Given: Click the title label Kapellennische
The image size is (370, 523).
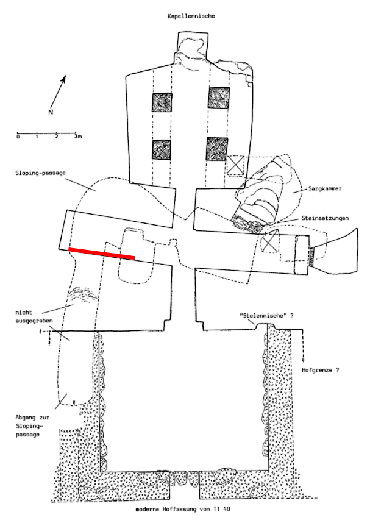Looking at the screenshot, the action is coord(191,16).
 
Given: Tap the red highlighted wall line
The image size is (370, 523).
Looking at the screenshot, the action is coord(102,254).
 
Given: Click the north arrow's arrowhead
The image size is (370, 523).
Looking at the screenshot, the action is coord(63,79).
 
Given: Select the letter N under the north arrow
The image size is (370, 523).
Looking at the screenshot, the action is coord(51,112).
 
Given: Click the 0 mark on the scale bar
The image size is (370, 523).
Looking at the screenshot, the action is coord(18,137).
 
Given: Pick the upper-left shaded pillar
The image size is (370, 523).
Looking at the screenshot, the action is coord(162,102).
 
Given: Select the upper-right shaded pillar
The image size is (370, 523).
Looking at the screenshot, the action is coord(219,98).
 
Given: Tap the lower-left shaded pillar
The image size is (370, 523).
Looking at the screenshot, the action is coord(162,149).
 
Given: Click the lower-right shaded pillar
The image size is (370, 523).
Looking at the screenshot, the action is coord(217,149).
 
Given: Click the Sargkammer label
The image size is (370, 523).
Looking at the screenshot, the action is coord(325,189).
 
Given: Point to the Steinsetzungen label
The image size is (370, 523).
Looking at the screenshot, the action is coord(326,218).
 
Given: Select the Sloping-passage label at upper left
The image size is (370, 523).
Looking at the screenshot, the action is coord(40,173).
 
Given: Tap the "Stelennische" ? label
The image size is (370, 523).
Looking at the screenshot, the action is coord(267,315).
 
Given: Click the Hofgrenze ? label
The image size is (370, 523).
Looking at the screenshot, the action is coord(321,370).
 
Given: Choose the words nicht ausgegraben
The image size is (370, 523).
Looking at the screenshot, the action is coord(34,316).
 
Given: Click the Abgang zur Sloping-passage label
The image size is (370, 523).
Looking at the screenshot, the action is coord(32,426).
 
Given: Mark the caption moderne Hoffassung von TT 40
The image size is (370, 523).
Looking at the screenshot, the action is coord(183,510).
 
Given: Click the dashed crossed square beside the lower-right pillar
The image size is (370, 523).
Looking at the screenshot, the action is coord(235,165).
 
